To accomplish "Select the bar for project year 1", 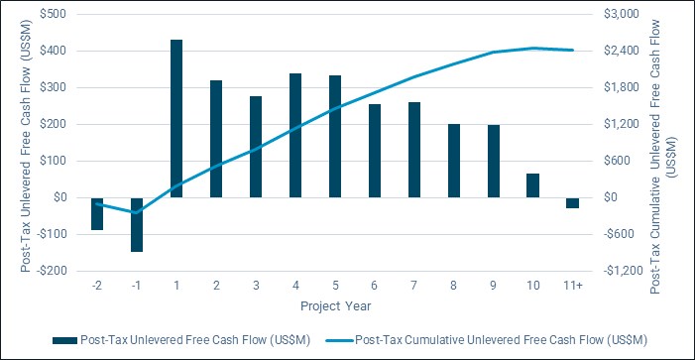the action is click(176, 118).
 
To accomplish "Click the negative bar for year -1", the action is click(137, 225).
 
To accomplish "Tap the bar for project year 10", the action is click(532, 185).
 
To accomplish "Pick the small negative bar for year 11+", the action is click(573, 203).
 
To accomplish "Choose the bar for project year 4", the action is click(295, 135).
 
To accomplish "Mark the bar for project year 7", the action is click(414, 150).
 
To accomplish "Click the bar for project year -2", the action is click(97, 213).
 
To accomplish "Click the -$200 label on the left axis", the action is click(52, 271).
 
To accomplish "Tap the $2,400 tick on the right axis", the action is click(619, 51).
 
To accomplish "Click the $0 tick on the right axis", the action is click(612, 197).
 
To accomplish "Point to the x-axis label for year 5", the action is click(335, 286).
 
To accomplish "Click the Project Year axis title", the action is click(335, 306).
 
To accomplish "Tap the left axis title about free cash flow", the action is click(26, 146).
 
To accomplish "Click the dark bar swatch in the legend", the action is click(65, 340).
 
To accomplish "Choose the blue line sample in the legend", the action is click(340, 340).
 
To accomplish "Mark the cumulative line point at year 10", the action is click(532, 48).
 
